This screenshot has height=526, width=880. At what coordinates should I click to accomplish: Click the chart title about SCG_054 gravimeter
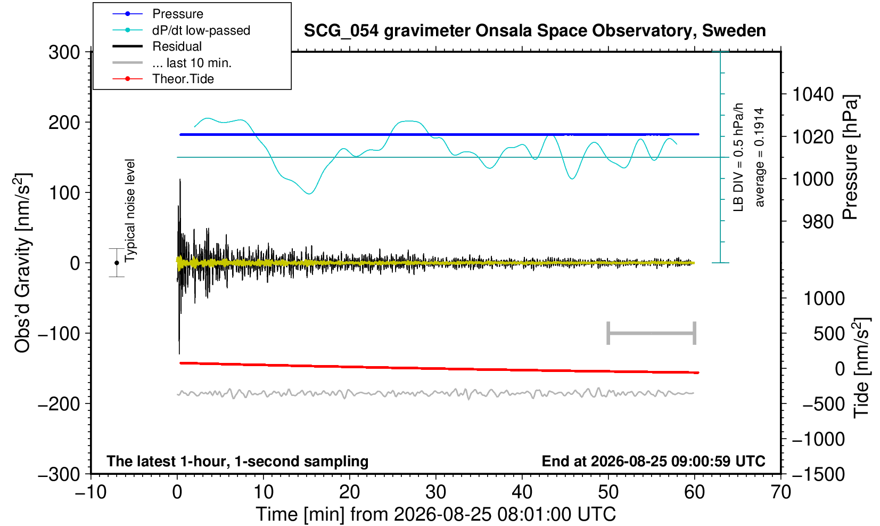point(534,30)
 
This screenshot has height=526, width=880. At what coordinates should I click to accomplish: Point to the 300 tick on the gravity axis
point(64,52)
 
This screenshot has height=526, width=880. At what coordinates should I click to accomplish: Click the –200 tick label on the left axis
point(59,403)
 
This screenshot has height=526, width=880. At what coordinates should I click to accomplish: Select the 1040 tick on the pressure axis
point(813,94)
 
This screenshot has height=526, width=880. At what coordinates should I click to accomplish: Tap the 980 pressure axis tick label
point(818,222)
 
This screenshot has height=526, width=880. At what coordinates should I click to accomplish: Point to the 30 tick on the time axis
point(435,492)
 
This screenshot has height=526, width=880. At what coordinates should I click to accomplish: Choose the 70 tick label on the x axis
point(780,492)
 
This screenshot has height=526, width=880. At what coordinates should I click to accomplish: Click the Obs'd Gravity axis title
point(22,263)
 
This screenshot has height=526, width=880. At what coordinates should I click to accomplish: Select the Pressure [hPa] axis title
point(850,157)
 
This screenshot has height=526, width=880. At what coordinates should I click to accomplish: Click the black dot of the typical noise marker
point(117,263)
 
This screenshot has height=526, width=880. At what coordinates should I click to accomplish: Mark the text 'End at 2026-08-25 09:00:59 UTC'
point(653,461)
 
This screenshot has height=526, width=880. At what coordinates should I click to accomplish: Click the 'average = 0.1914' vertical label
point(760,157)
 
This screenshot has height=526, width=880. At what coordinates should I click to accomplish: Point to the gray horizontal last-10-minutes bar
point(652,333)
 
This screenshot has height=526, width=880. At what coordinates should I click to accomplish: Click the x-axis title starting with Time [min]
point(435,514)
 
